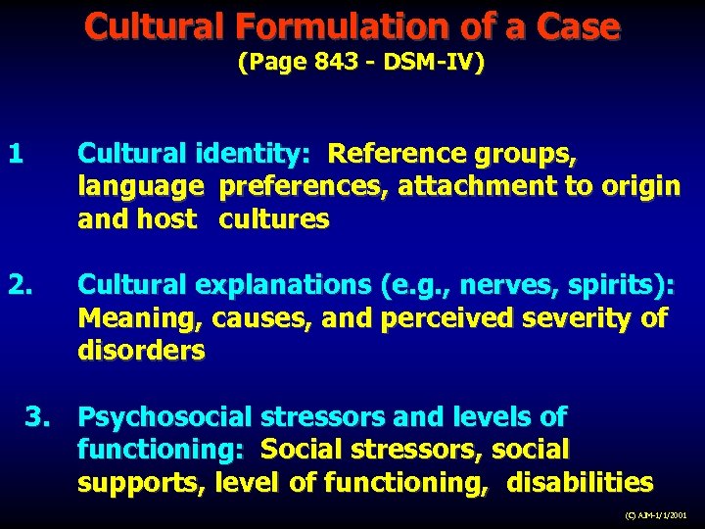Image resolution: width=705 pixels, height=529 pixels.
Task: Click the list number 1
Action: pos(15,154)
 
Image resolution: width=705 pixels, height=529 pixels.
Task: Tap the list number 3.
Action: pos(40,417)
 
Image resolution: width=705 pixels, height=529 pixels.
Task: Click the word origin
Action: pos(639,186)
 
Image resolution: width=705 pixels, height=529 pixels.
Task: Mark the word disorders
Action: pos(141,351)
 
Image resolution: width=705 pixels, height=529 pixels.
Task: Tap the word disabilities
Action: pos(582,483)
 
